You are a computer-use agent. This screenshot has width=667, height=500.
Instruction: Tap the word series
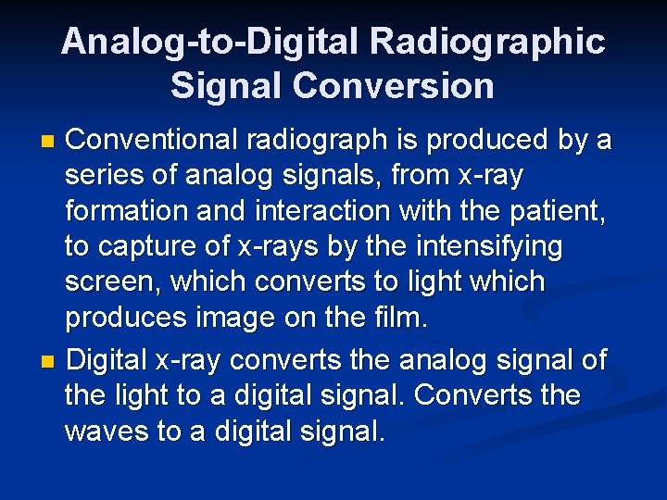[105, 175]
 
